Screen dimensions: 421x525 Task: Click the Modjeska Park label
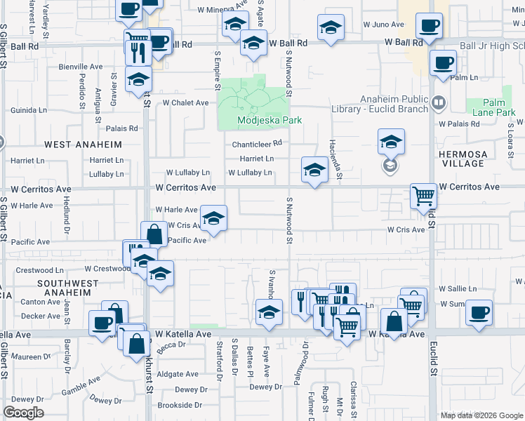pyautogui.click(x=270, y=120)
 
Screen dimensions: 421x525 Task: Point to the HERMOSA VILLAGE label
pyautogui.click(x=462, y=159)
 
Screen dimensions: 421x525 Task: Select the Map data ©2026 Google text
pyautogui.click(x=481, y=415)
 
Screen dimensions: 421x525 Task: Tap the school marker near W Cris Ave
pyautogui.click(x=213, y=218)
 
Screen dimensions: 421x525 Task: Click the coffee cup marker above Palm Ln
pyautogui.click(x=443, y=62)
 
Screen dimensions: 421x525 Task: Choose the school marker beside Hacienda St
pyautogui.click(x=314, y=169)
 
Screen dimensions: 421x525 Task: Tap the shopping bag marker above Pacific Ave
pyautogui.click(x=154, y=234)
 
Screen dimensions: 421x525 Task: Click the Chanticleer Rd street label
pyautogui.click(x=258, y=144)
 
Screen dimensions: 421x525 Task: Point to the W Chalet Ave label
pyautogui.click(x=186, y=102)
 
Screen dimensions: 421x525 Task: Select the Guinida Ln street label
pyautogui.click(x=28, y=110)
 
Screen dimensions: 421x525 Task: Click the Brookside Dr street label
pyautogui.click(x=180, y=406)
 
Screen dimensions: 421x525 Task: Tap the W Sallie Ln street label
pyautogui.click(x=458, y=288)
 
